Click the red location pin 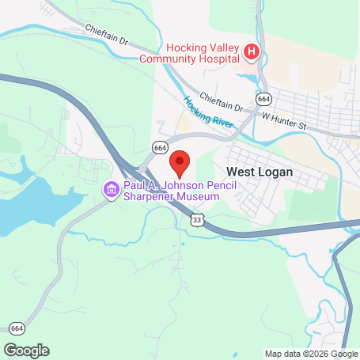(180, 162)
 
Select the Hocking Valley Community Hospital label (189, 52)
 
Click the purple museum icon (110, 190)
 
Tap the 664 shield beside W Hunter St (264, 98)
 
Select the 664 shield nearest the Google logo (17, 328)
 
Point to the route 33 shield (196, 221)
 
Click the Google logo (27, 350)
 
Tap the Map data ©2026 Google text (310, 354)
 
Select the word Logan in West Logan (275, 171)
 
